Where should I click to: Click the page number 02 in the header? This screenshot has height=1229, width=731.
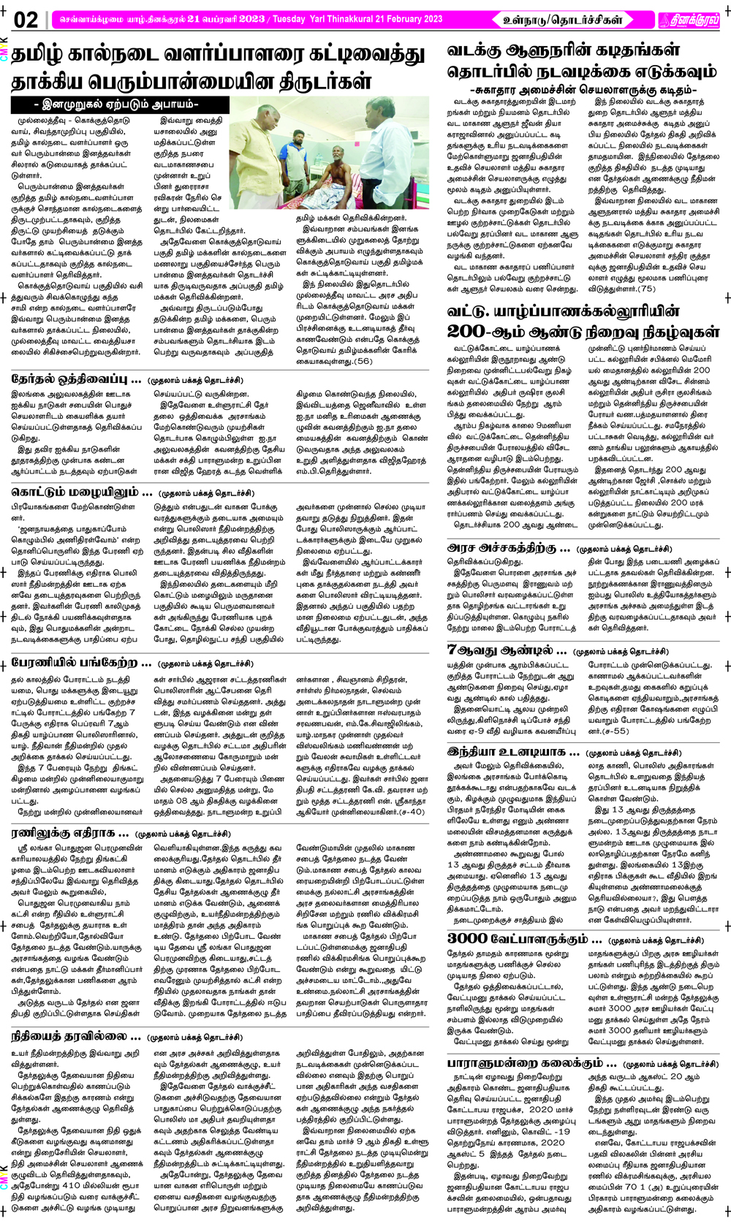[x=25, y=20]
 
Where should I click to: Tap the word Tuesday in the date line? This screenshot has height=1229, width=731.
[x=292, y=19]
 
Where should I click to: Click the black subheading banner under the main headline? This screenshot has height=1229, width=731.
[x=114, y=104]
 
